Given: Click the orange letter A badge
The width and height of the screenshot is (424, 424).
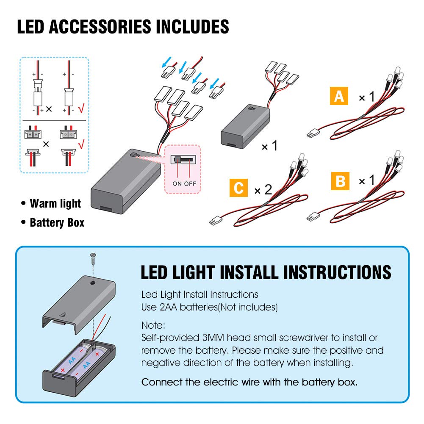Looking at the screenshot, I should click(339, 97).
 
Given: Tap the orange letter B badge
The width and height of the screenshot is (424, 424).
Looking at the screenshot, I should click(340, 181).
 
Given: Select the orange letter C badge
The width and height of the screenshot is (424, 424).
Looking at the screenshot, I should click(238, 188).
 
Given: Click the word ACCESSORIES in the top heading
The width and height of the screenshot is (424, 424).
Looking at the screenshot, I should click(100, 28).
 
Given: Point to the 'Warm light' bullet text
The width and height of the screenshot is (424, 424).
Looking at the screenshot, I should click(55, 204).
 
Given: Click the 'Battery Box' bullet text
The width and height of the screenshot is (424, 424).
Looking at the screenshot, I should click(57, 222).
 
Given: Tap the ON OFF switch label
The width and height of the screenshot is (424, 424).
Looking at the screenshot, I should click(184, 183).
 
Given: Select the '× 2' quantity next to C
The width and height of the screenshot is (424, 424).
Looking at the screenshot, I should click(263, 189).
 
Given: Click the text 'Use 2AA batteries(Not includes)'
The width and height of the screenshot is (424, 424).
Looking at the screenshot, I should click(209, 307).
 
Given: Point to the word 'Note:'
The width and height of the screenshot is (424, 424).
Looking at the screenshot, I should click(153, 326).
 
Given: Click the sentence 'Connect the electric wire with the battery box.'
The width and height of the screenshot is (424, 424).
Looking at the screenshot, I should click(249, 382).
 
